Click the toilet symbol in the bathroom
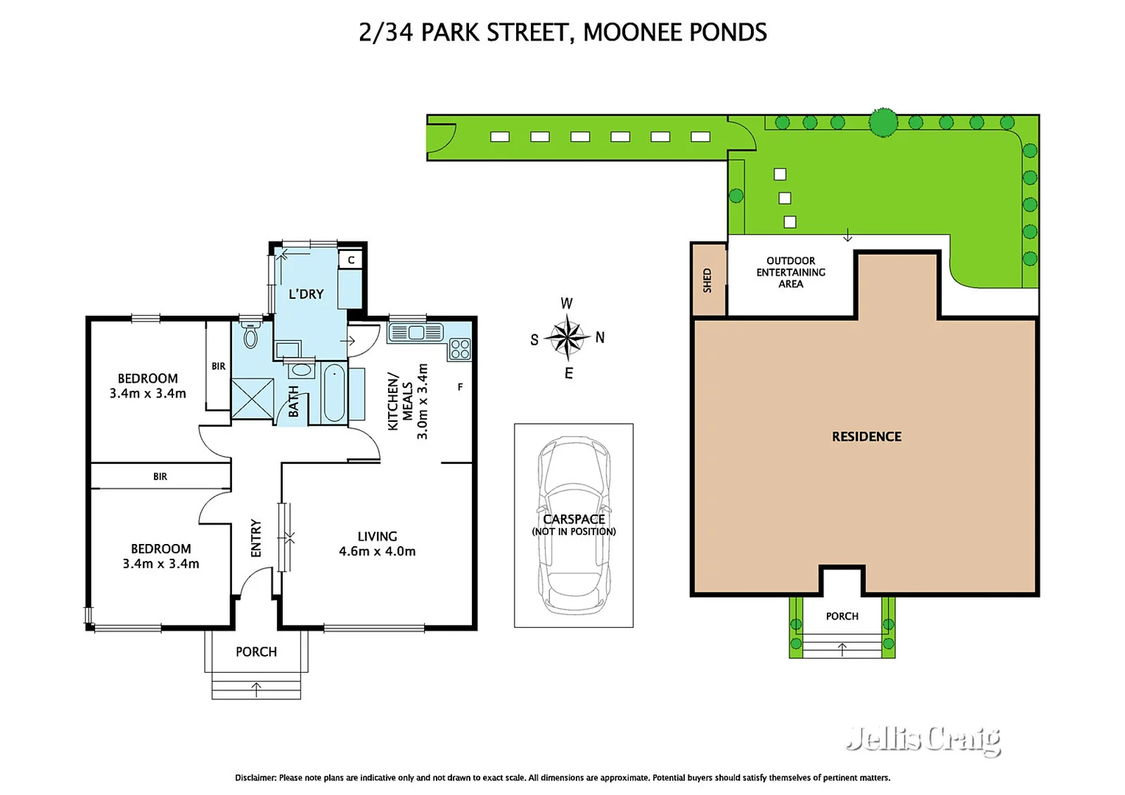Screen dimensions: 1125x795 [x=250, y=334]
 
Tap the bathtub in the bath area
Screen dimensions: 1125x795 [x=334, y=393]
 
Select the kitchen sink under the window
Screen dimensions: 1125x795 [x=415, y=333]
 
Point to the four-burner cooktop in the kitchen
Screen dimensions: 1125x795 [x=460, y=349]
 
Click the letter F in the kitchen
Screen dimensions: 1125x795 [x=460, y=386]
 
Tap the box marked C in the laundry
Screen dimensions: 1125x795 [x=351, y=260]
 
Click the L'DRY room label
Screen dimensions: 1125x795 [x=306, y=294]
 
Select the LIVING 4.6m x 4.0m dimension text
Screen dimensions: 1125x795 [x=377, y=544]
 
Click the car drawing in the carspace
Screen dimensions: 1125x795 [x=574, y=523]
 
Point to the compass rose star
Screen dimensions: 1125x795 [x=568, y=337]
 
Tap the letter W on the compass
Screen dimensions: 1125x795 [x=566, y=303]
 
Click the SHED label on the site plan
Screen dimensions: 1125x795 [x=707, y=280]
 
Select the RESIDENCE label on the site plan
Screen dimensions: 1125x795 [x=867, y=437]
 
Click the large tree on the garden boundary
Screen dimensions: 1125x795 [x=883, y=122]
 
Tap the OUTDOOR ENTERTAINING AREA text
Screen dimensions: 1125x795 [x=791, y=272]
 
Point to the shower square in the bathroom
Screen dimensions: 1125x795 [x=252, y=399]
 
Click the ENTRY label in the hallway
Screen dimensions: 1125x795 [x=256, y=538]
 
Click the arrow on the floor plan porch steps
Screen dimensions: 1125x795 [x=256, y=689]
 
